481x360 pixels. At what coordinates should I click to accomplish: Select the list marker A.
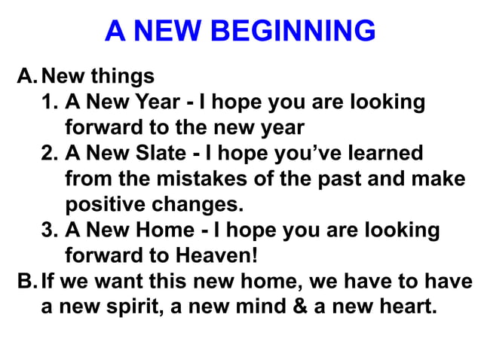click(x=26, y=77)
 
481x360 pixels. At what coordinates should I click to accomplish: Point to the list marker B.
click(x=26, y=282)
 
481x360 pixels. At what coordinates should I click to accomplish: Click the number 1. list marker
click(x=51, y=102)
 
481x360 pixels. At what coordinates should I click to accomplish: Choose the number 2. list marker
click(x=51, y=154)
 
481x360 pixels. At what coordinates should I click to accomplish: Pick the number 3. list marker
click(x=51, y=230)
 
